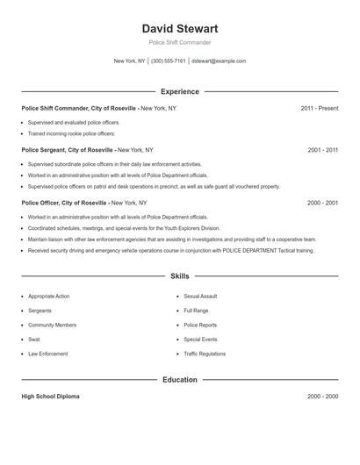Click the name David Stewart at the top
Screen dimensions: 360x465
pyautogui.click(x=179, y=28)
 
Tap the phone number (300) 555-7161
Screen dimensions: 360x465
pyautogui.click(x=169, y=61)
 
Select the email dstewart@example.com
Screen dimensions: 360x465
pyautogui.click(x=219, y=61)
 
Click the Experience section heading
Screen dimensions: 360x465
pyautogui.click(x=179, y=91)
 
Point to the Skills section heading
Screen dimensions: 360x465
pyautogui.click(x=179, y=276)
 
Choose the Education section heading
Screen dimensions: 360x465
pyautogui.click(x=179, y=380)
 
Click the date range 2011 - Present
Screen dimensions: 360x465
pyautogui.click(x=319, y=108)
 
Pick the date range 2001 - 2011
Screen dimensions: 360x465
pyautogui.click(x=322, y=150)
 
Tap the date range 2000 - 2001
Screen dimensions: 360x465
pyautogui.click(x=322, y=203)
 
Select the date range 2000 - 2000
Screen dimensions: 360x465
pyautogui.click(x=322, y=397)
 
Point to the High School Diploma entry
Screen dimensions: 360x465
pyautogui.click(x=50, y=397)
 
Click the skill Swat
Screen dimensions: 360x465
pyautogui.click(x=33, y=339)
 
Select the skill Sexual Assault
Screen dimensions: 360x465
pyautogui.click(x=200, y=297)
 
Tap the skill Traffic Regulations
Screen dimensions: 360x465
pyautogui.click(x=205, y=354)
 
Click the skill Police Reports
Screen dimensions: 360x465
pyautogui.click(x=199, y=325)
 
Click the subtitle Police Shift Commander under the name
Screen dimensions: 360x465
pyautogui.click(x=179, y=42)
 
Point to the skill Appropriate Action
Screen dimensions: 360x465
pyautogui.click(x=48, y=297)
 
